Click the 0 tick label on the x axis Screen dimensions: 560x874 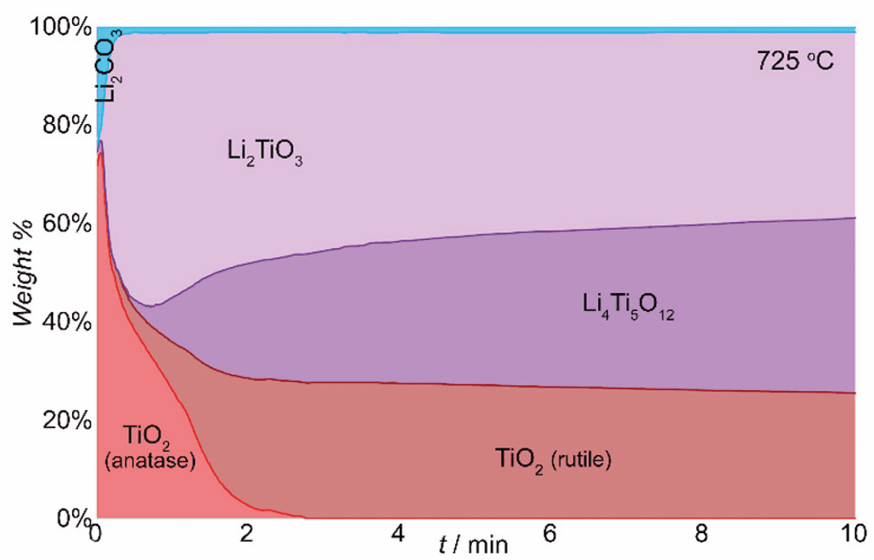[96, 534]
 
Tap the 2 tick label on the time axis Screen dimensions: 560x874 [247, 534]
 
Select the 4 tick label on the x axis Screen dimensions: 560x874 [399, 534]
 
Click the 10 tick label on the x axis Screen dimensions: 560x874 [850, 534]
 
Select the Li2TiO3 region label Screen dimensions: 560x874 [264, 153]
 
